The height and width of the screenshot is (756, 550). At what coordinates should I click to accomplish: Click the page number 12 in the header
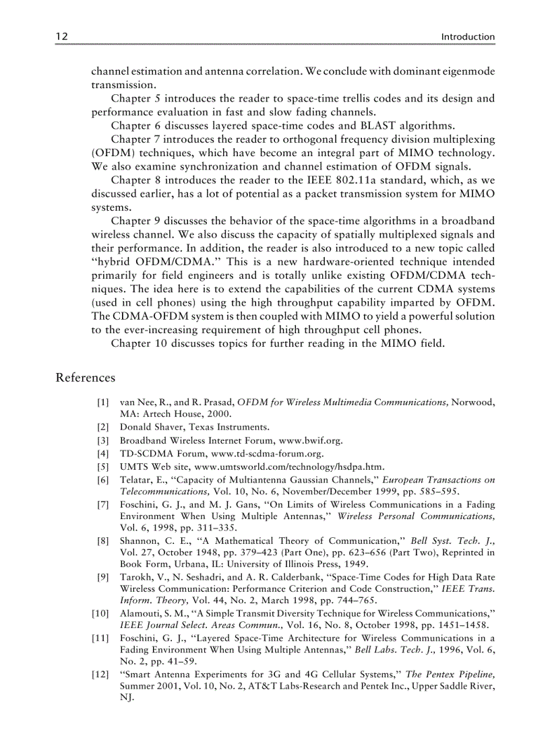point(61,36)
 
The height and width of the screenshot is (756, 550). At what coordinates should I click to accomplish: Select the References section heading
point(86,378)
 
